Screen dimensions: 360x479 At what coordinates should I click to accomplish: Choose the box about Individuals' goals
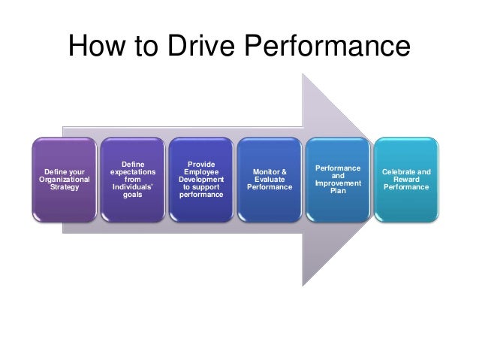point(131,180)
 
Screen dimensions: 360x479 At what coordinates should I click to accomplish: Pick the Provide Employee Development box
point(201,180)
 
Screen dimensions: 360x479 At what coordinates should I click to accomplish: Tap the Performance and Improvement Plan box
point(338,180)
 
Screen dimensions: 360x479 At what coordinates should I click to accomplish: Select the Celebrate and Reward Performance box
point(406,180)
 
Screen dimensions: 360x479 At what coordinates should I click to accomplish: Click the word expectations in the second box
point(131,172)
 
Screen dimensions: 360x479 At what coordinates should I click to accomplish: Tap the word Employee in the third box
point(201,172)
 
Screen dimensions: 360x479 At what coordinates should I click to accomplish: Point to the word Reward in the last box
point(406,180)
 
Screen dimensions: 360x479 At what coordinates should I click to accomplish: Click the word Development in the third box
point(201,180)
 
